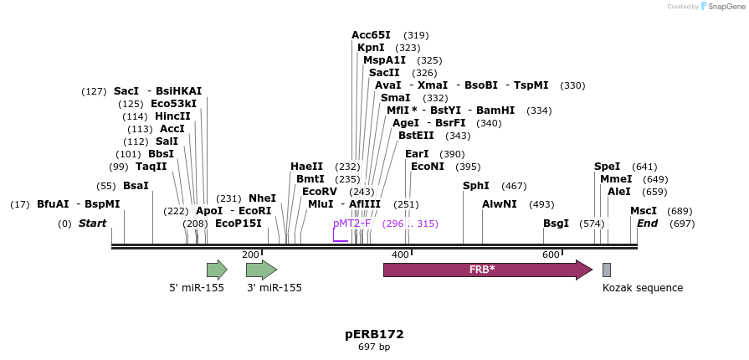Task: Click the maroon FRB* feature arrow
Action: click(x=487, y=270)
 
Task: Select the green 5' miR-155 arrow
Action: click(x=217, y=270)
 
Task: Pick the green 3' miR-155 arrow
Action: click(x=261, y=270)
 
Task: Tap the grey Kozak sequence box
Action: click(x=607, y=270)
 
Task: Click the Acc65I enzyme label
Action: click(x=371, y=35)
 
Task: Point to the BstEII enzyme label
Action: click(x=416, y=136)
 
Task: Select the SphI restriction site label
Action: click(x=476, y=186)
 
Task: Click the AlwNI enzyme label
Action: click(x=500, y=204)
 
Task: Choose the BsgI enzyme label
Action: click(x=556, y=224)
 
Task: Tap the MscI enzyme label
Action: click(x=644, y=211)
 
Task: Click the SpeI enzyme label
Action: click(x=608, y=167)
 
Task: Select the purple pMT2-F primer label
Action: click(x=351, y=224)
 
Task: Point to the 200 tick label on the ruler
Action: click(x=250, y=255)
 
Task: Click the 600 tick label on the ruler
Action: click(x=551, y=255)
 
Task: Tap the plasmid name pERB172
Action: click(x=374, y=334)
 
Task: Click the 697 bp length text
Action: click(x=374, y=347)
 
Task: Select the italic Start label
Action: click(x=92, y=224)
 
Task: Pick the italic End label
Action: click(x=647, y=224)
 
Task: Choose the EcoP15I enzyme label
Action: click(x=239, y=224)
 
